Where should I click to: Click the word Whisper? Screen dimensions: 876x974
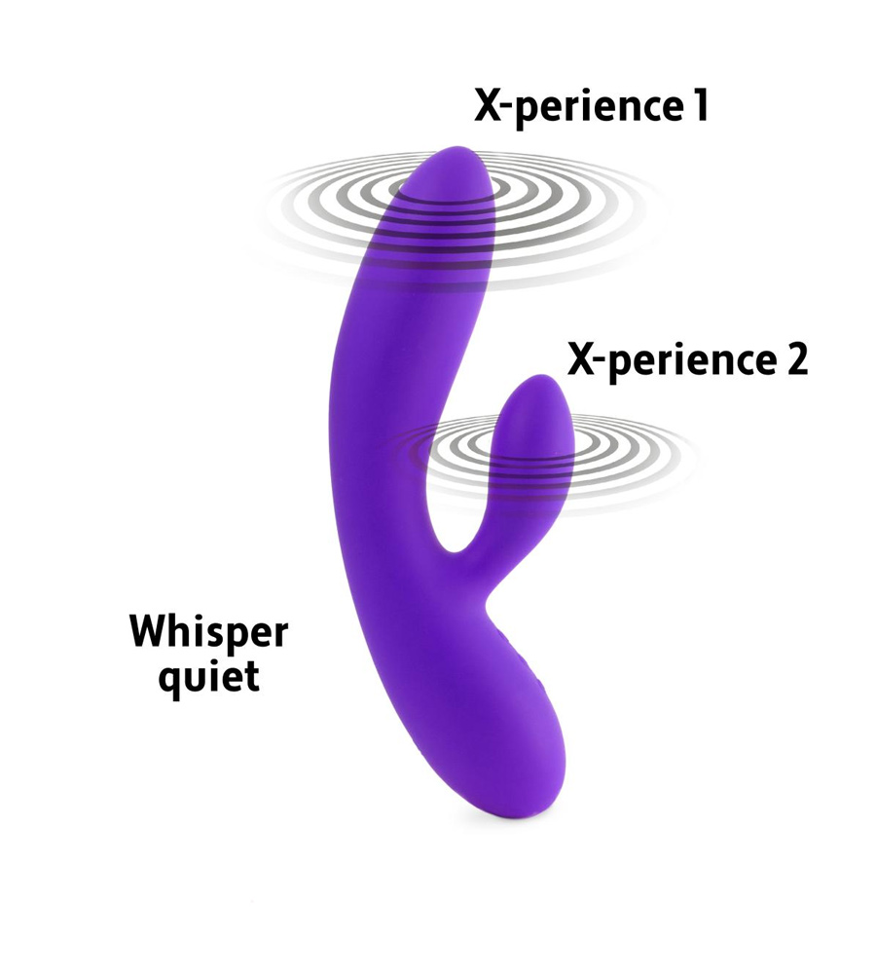(x=208, y=633)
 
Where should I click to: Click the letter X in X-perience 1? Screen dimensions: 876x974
(x=488, y=105)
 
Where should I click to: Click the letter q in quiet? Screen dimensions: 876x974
(x=168, y=683)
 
